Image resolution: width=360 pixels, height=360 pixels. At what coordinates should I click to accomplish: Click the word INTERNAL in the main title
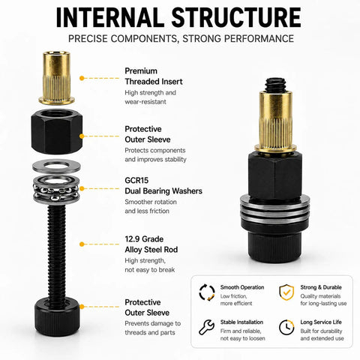pos(108,17)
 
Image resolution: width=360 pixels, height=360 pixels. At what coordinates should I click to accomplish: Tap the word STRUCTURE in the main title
pos(236,17)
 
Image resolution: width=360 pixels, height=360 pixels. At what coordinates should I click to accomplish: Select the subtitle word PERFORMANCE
pos(259,39)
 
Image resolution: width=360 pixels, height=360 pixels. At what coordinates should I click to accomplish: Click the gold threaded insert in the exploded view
pos(57,78)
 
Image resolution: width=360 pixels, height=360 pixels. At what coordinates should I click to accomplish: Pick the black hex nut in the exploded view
pos(57,131)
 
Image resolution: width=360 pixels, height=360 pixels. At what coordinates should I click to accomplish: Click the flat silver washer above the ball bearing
pos(56,166)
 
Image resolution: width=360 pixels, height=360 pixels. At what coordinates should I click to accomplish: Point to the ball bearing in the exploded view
pos(56,189)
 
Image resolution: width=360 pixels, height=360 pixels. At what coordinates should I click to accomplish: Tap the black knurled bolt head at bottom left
pos(57,316)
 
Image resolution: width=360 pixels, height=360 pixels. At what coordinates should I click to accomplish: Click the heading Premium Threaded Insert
pos(154,76)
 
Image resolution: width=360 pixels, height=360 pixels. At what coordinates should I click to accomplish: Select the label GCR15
pos(136,180)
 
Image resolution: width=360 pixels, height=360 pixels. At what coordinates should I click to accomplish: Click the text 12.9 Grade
pos(144,239)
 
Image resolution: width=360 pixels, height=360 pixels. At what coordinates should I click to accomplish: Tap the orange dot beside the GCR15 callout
pos(82,188)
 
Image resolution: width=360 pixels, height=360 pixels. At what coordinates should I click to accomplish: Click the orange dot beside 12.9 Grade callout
pos(82,244)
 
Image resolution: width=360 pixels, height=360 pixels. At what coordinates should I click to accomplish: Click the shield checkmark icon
pos(286,292)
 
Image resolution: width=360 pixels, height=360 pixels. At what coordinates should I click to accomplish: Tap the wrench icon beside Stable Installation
pos(206,327)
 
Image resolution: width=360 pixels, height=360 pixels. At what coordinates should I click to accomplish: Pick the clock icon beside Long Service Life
pos(286,327)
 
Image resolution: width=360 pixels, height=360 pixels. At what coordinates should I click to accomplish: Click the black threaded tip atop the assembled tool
pos(275,85)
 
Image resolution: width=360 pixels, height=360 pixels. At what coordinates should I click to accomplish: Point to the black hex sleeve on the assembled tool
pos(275,175)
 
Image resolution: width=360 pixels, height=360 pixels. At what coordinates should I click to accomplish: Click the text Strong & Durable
pos(321,287)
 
